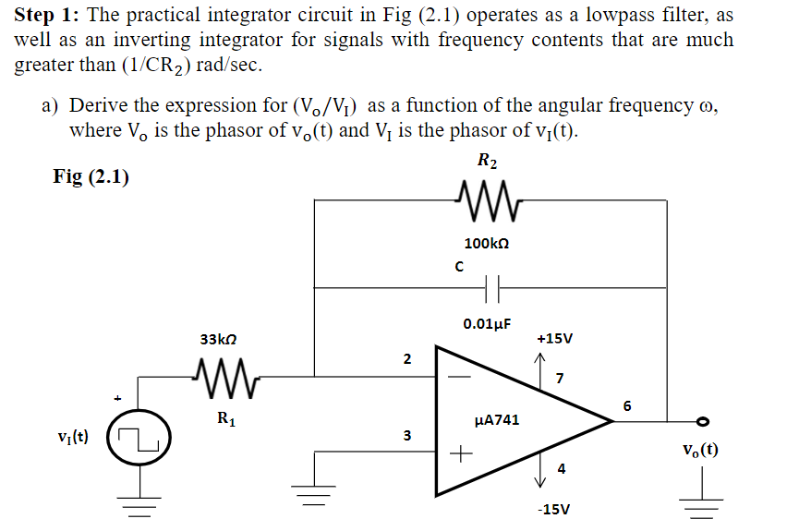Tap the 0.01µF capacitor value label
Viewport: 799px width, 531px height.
pos(487,323)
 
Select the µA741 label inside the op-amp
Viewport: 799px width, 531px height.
pos(496,420)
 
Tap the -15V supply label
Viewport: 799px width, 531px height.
pos(553,509)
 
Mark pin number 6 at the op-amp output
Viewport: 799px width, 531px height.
pos(627,405)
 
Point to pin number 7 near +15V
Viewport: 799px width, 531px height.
pos(560,377)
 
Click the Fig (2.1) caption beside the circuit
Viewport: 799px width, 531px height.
pos(91,176)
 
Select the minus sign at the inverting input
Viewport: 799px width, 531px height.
pos(459,377)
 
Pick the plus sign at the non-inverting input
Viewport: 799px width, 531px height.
pos(459,453)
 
